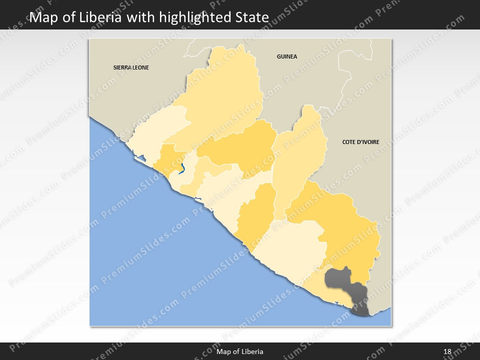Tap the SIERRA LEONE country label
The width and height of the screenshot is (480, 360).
(131, 67)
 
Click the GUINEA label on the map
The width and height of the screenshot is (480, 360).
(287, 56)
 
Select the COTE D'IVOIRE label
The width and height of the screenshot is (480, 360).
(360, 142)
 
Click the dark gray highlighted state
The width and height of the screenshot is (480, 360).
(340, 282)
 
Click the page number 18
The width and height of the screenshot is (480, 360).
(447, 351)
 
